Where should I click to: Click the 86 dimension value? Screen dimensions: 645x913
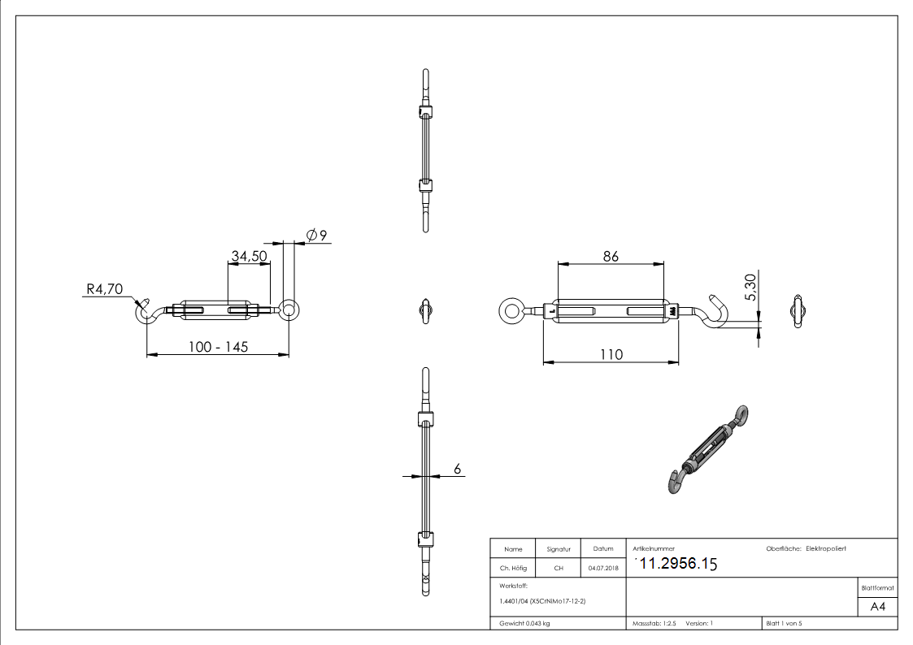[x=611, y=256]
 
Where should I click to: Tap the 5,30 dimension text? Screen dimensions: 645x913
[x=750, y=288]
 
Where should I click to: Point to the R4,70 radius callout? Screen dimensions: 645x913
[x=103, y=288]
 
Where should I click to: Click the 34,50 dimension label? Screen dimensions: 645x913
[x=250, y=256]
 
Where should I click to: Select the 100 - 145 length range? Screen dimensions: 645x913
[x=217, y=347]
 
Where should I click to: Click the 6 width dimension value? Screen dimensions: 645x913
[x=457, y=469]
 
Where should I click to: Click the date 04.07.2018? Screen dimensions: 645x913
[x=602, y=568]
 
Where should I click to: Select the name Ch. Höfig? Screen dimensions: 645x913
[x=513, y=568]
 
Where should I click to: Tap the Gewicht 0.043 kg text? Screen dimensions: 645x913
[x=524, y=623]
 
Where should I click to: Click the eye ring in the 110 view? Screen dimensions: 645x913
[x=511, y=310]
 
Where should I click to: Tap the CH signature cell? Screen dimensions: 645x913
[x=559, y=568]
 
